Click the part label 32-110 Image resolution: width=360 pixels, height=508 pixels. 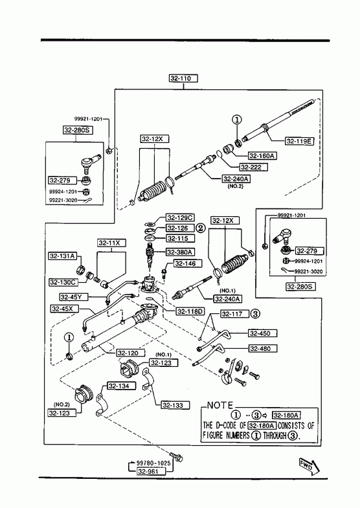click(x=183, y=78)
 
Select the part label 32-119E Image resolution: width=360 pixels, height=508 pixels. click(x=299, y=141)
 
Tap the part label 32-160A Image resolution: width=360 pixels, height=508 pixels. click(x=262, y=156)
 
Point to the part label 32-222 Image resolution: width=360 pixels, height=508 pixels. click(x=254, y=167)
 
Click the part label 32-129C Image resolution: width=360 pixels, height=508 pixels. click(x=180, y=217)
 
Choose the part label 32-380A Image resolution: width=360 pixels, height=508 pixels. click(x=180, y=252)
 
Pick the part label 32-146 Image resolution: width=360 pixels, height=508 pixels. click(x=188, y=264)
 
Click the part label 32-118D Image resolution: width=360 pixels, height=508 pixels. click(x=190, y=312)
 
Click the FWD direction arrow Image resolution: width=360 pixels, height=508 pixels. click(x=308, y=466)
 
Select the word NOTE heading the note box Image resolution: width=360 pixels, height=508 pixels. click(x=220, y=406)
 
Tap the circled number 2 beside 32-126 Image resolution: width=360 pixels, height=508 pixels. click(x=200, y=228)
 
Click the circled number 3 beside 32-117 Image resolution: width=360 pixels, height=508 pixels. click(x=256, y=314)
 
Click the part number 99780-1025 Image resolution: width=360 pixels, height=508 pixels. click(x=153, y=463)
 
